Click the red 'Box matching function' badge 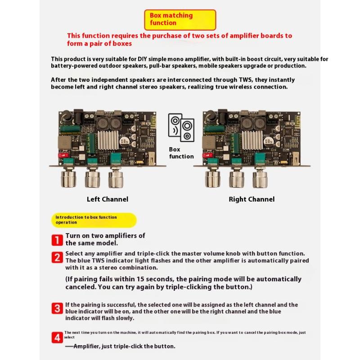pyautogui.click(x=180, y=19)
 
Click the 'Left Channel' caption pyautogui.click(x=108, y=199)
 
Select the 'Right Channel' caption pyautogui.click(x=252, y=199)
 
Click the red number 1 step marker pyautogui.click(x=57, y=240)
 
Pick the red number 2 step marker pyautogui.click(x=57, y=257)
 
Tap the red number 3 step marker pyautogui.click(x=57, y=309)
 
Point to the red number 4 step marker pyautogui.click(x=57, y=338)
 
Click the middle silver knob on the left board pyautogui.click(x=93, y=179)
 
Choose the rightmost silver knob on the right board pyautogui.click(x=260, y=179)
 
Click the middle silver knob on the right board pyautogui.click(x=237, y=179)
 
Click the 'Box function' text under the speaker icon pyautogui.click(x=181, y=153)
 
